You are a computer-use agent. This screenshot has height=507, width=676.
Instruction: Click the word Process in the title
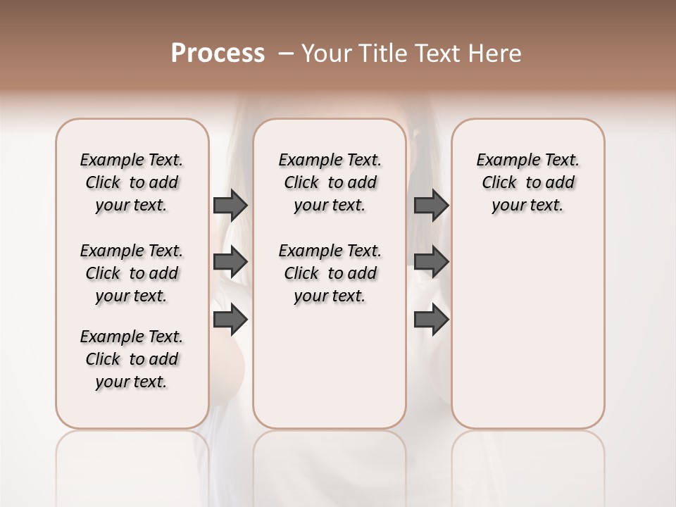218,54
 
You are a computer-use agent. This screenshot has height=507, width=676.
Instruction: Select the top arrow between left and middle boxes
230,205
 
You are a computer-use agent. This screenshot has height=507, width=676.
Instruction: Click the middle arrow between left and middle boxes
230,262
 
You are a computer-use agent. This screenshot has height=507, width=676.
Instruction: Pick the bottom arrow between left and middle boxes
230,320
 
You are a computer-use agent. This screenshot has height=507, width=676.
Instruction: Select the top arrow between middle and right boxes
431,205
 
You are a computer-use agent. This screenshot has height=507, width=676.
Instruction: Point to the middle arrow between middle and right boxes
431,262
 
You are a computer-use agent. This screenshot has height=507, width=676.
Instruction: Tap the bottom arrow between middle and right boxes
431,319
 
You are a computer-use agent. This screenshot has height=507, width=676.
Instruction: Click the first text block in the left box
132,182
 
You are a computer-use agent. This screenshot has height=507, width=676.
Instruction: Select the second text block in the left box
132,273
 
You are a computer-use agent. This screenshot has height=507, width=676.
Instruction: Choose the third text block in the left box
132,359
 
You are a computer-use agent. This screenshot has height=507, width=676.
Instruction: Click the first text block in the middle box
330,182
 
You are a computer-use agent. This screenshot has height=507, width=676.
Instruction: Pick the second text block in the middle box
330,273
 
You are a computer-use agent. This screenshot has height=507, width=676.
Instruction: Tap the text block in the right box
528,182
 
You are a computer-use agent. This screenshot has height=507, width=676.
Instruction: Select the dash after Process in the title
285,54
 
